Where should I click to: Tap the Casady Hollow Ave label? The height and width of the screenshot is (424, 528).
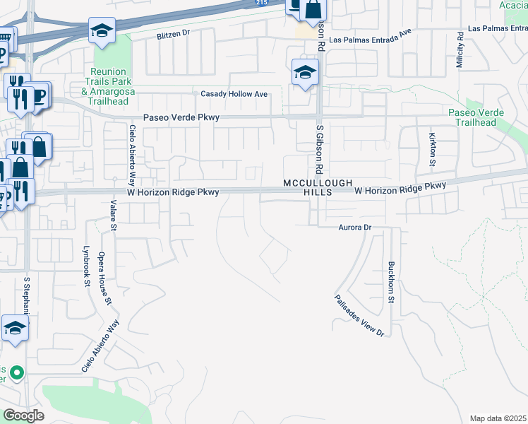(x=234, y=94)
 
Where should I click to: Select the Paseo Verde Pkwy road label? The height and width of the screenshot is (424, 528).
(x=181, y=117)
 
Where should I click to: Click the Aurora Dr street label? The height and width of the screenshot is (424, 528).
(x=354, y=228)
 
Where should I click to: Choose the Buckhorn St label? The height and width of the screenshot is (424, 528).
(x=390, y=283)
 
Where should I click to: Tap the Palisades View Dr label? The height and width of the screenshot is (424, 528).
(x=359, y=315)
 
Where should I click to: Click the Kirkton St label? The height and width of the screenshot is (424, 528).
(x=433, y=149)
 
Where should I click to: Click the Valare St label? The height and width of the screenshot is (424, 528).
(x=113, y=215)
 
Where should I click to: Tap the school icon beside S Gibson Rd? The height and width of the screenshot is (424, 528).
(x=305, y=72)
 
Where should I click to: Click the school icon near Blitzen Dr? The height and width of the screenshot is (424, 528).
(x=102, y=30)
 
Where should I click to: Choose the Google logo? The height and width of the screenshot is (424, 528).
(x=23, y=416)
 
